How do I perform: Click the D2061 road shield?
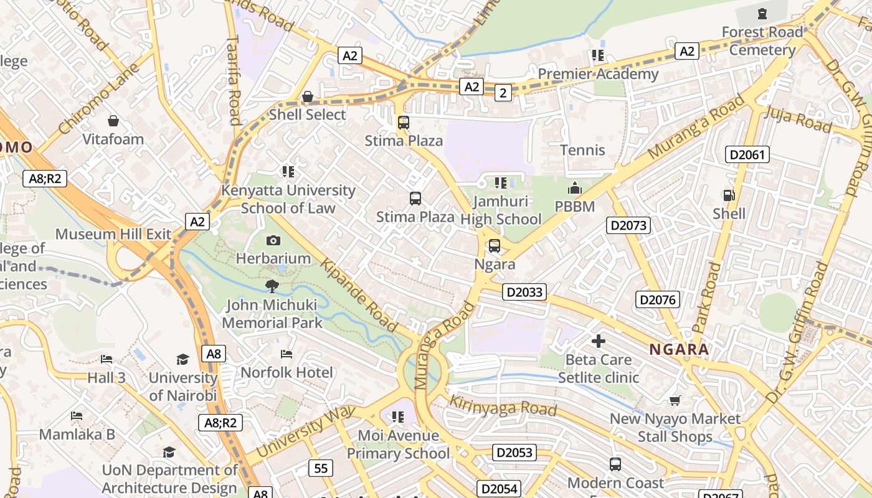[747, 154]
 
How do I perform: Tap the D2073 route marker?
[628, 225]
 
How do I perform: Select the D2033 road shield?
[524, 292]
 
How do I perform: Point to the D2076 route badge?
[657, 300]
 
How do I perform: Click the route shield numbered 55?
[320, 468]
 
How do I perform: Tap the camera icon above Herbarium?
[273, 240]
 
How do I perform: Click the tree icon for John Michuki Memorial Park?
[272, 286]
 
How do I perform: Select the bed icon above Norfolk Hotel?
[287, 354]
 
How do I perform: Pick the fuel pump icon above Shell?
[728, 195]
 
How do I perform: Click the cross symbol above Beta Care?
[599, 341]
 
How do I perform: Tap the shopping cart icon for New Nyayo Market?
[675, 400]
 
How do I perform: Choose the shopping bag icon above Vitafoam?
[113, 120]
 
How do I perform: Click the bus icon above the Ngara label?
[495, 246]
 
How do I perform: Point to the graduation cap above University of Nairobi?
[182, 359]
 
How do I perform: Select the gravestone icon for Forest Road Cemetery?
[762, 14]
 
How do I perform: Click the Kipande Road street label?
[359, 296]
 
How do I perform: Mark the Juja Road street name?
[797, 119]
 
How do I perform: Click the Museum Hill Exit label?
[113, 234]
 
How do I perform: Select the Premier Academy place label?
[598, 74]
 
